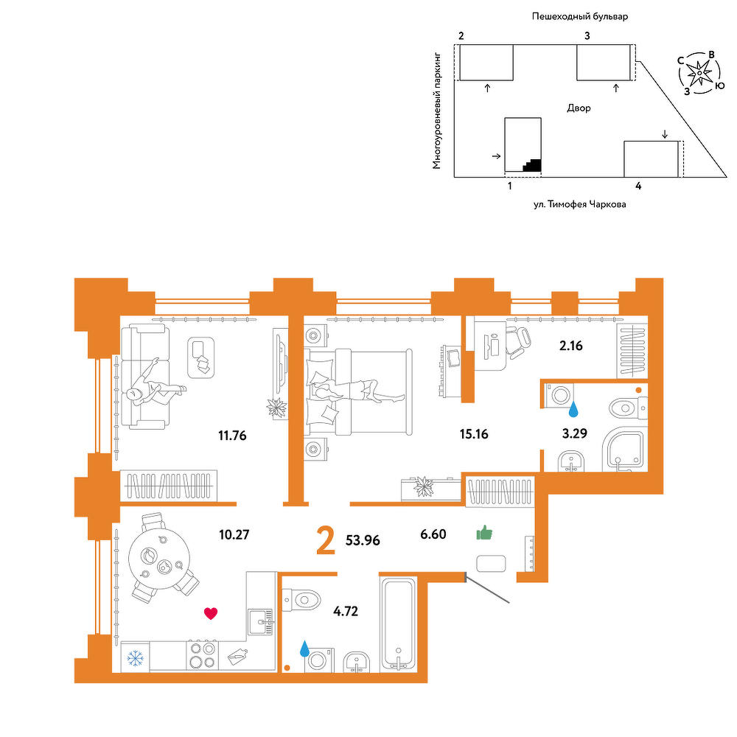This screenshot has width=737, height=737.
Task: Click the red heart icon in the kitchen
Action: point(211,613)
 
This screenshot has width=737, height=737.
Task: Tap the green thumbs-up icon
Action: point(484,533)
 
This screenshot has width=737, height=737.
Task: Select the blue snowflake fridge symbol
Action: point(136,658)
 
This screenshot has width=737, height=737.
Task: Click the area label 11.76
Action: point(232,436)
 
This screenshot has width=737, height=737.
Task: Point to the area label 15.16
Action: point(474,434)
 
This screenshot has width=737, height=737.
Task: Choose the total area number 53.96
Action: point(363,540)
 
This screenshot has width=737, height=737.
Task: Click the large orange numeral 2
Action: point(326,540)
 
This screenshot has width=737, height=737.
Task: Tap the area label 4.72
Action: point(346,611)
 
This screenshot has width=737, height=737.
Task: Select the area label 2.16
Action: point(570,346)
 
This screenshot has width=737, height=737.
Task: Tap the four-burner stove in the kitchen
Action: point(203,655)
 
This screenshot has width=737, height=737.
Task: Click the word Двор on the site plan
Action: point(579,108)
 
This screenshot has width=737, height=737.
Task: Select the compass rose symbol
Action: point(699,73)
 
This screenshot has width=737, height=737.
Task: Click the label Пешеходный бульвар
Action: point(580,17)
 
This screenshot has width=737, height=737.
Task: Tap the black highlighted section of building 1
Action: point(532,165)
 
